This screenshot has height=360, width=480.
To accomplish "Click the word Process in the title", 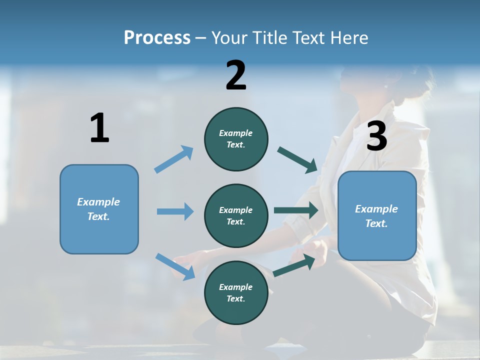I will [x=157, y=37].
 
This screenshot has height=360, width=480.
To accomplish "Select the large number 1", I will [x=99, y=128].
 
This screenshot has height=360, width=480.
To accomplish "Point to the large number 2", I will [x=236, y=75].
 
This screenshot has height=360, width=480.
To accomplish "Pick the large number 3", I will [x=376, y=136].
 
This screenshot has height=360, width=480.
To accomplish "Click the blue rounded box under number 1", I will [x=99, y=209].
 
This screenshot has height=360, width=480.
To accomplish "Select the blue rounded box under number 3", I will [x=377, y=215].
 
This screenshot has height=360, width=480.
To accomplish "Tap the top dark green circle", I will [x=236, y=139].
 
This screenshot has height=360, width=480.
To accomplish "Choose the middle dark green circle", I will [x=236, y=215].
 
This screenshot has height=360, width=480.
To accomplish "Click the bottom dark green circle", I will [x=236, y=292].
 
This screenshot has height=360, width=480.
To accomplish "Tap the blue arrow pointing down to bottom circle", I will [x=175, y=266].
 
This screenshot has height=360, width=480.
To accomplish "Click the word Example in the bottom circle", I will [x=236, y=287].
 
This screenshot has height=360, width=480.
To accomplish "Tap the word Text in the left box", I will [x=98, y=216].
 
